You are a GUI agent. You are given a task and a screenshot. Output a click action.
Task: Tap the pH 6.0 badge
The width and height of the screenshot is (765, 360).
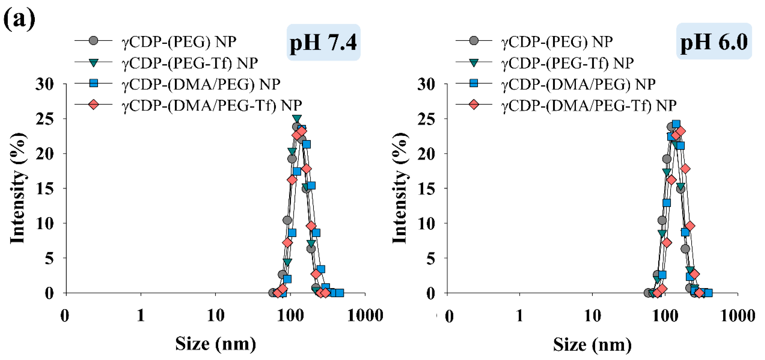pyautogui.click(x=714, y=42)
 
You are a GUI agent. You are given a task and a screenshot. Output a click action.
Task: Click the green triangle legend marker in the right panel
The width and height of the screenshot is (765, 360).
pyautogui.click(x=474, y=63)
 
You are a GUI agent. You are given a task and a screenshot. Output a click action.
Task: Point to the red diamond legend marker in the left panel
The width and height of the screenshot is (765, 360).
pyautogui.click(x=93, y=105)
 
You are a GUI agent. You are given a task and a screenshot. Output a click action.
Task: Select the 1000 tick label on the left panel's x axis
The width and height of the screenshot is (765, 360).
pyautogui.click(x=365, y=315)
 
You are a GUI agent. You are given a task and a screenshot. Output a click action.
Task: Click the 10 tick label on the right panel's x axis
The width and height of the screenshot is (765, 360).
pyautogui.click(x=593, y=315)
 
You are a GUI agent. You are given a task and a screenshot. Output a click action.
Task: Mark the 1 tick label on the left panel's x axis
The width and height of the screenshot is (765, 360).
pyautogui.click(x=141, y=315)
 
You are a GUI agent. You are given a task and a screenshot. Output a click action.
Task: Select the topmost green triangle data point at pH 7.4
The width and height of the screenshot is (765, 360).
pyautogui.click(x=297, y=118)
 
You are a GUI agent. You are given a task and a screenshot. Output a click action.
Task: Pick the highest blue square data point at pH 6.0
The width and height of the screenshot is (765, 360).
pyautogui.click(x=676, y=124)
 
